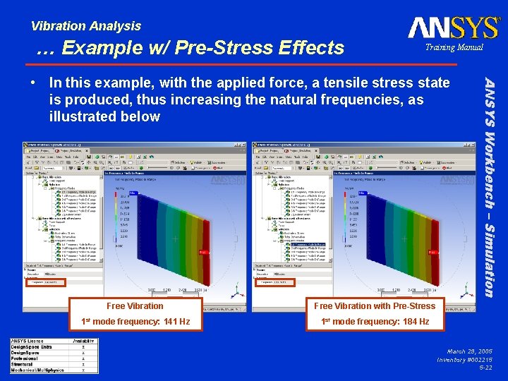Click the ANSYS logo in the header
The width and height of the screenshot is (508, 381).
(453, 28)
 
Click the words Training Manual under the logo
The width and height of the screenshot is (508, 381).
(454, 47)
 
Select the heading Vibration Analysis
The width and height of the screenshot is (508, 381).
(85, 26)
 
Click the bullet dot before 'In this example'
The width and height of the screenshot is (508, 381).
(35, 83)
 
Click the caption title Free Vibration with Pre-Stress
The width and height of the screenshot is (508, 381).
(375, 306)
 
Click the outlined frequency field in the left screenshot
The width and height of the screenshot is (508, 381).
(47, 282)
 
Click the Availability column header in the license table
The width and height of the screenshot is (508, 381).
(83, 341)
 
